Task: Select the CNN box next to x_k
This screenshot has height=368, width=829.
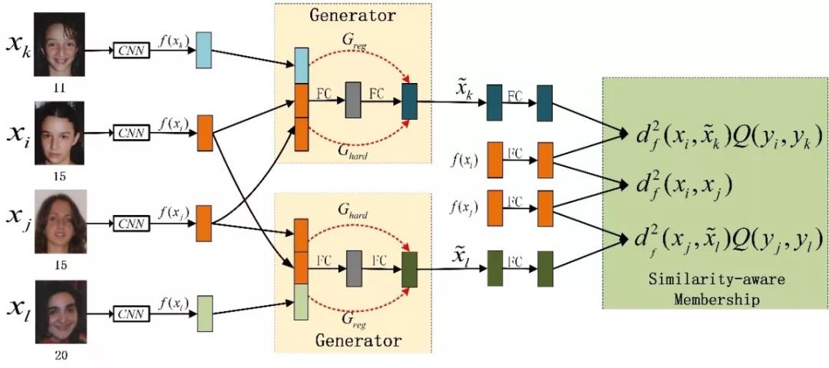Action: coord(130,51)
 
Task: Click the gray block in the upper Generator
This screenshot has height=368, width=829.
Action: coord(353,99)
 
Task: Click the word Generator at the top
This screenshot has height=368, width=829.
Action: coord(353,15)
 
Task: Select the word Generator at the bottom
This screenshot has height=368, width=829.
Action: coord(358,339)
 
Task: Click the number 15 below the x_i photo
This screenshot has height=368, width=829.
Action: coord(59,176)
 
